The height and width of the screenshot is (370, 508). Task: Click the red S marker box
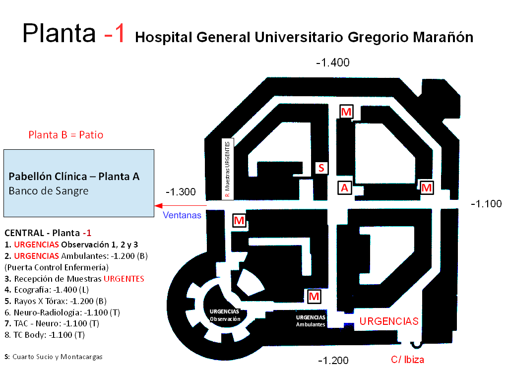point(321,168)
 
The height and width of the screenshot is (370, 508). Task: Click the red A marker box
point(345,187)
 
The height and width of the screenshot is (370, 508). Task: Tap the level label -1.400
point(333,62)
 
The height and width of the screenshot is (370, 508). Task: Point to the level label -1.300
point(181,192)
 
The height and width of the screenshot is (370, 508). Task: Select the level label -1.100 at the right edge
point(486,203)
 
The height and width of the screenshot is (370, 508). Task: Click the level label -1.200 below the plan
point(333,360)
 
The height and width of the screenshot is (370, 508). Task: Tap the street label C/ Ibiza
point(407,360)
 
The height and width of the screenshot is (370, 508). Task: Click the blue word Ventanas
point(182,215)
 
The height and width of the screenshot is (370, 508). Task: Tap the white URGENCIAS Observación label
point(225,315)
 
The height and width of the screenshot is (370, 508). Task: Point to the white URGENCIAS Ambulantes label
point(311,320)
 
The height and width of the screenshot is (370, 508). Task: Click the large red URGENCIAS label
point(389,321)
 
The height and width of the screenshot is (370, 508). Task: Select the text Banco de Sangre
point(49,191)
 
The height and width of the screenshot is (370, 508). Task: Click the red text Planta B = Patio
point(66,135)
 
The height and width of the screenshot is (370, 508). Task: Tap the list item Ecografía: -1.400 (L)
point(55,289)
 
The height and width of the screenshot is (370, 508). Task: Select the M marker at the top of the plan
point(346,112)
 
